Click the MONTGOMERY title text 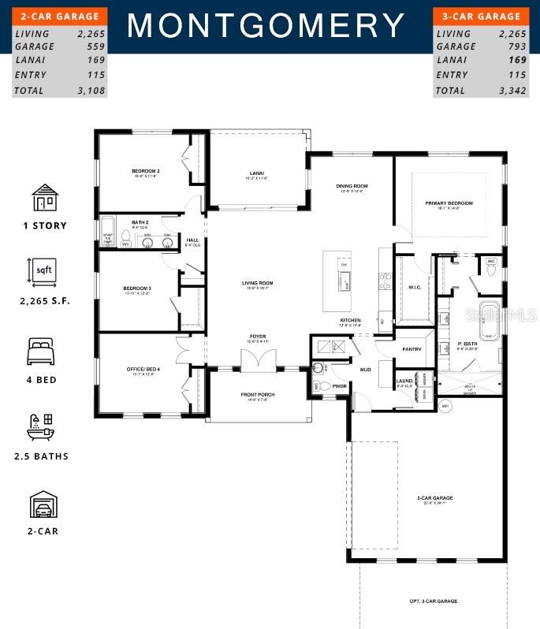coord(266,26)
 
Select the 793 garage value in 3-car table coord(510,47)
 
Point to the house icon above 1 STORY coord(44,199)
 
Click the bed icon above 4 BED coord(44,352)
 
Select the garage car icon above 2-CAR coord(44,504)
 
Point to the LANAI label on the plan coord(256,173)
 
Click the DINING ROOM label coord(352,186)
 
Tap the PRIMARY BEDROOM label coord(449,203)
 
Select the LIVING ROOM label coord(257,283)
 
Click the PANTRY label coord(412,349)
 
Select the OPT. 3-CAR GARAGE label coord(433,601)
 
